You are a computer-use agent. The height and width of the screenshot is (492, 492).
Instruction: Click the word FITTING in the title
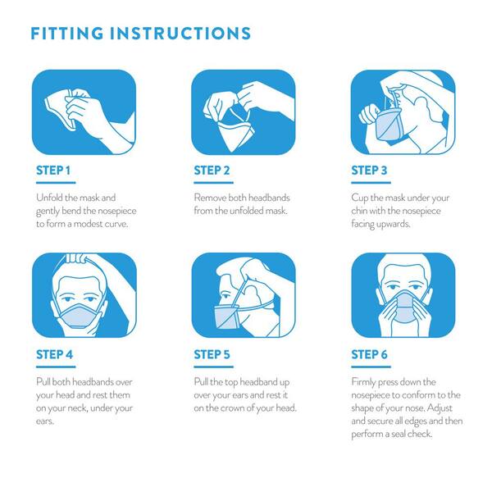(x=67, y=34)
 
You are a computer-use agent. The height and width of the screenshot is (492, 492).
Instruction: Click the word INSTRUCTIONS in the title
(x=180, y=34)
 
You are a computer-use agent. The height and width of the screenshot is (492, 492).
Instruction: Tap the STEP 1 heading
(x=53, y=171)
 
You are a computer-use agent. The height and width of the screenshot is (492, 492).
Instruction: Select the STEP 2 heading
(x=212, y=171)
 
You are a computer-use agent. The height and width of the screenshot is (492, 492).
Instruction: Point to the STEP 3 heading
(x=369, y=171)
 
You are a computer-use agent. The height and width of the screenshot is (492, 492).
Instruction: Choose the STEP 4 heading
(x=54, y=354)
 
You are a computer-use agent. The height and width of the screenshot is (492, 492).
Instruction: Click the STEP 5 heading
(x=212, y=354)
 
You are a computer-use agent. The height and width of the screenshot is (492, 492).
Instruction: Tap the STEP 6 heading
(x=369, y=354)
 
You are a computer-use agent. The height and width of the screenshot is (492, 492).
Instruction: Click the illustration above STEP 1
(x=84, y=112)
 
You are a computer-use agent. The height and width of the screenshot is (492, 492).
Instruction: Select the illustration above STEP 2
(x=244, y=112)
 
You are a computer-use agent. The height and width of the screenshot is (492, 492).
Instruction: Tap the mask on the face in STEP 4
(x=80, y=316)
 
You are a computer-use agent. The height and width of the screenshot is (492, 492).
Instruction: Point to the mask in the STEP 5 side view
(x=226, y=317)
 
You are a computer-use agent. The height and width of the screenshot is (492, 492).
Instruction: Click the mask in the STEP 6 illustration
(x=405, y=307)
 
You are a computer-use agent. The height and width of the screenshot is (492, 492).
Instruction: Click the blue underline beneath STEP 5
(x=213, y=367)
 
